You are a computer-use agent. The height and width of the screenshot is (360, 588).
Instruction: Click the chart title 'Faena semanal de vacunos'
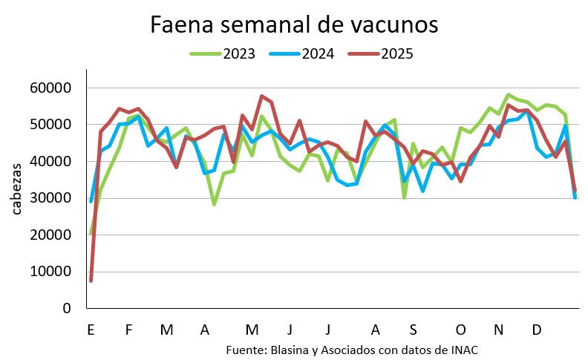tap(294, 24)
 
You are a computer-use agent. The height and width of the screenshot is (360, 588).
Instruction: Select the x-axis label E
tap(91, 330)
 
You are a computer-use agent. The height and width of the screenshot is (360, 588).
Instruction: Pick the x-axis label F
tap(128, 330)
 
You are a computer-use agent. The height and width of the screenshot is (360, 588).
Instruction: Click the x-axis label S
tap(413, 330)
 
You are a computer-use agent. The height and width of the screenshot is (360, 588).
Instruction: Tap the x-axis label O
tap(460, 330)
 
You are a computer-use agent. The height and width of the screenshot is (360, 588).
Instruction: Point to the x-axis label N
tap(498, 330)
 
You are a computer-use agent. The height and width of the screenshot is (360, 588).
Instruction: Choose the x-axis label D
tap(536, 330)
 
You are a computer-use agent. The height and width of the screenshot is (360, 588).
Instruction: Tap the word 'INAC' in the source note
tap(472, 350)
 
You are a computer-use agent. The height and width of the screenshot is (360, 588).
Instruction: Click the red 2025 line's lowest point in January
tap(91, 281)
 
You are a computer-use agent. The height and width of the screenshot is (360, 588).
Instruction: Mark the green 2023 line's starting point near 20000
tap(91, 234)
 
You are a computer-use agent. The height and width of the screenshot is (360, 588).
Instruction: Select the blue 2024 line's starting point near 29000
tap(91, 201)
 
